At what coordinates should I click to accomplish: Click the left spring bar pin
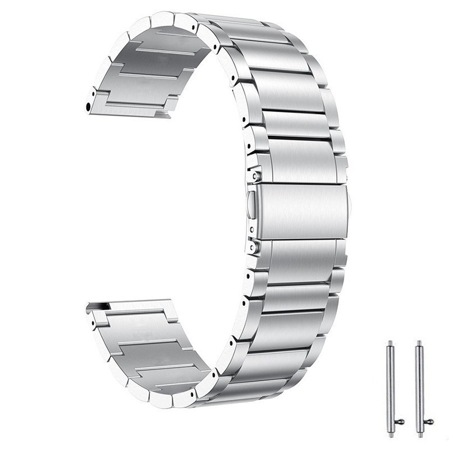pyautogui.click(x=389, y=387)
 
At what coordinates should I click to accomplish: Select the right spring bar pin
pyautogui.click(x=419, y=387)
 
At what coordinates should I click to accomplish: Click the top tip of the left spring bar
pyautogui.click(x=389, y=342)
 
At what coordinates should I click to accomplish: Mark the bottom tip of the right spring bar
pyautogui.click(x=419, y=434)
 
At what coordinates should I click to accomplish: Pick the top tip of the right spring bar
pyautogui.click(x=419, y=342)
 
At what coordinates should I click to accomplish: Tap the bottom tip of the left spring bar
pyautogui.click(x=390, y=434)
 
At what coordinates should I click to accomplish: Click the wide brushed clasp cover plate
pyautogui.click(x=303, y=210)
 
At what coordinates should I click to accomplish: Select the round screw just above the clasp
pyautogui.click(x=256, y=175)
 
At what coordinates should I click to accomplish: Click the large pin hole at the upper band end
pyautogui.click(x=89, y=105)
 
